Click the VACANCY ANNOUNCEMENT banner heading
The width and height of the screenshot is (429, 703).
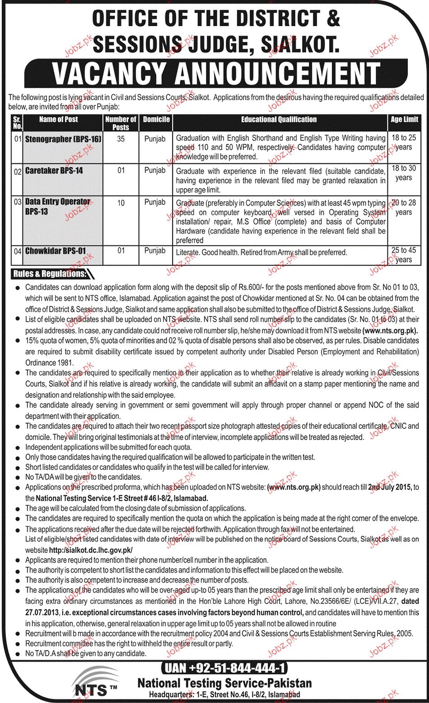[216, 73]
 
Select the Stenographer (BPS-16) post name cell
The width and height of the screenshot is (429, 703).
[63, 139]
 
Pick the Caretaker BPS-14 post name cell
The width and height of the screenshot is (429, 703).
[54, 170]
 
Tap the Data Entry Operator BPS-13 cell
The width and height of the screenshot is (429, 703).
[57, 206]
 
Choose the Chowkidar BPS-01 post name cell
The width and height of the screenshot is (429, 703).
[55, 251]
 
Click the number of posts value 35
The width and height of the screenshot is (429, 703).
[121, 139]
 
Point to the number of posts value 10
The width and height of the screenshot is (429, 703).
[121, 203]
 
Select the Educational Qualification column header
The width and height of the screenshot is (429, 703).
[279, 119]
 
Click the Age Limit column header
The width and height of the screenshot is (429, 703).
[404, 119]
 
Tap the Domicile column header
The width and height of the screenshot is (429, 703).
[156, 119]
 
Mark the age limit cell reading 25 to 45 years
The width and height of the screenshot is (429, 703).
[403, 255]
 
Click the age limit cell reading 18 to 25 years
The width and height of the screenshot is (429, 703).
[403, 142]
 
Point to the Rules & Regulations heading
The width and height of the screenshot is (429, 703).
[50, 274]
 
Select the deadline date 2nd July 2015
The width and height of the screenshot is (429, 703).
[389, 487]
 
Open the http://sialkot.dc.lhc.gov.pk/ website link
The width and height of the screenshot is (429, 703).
[90, 550]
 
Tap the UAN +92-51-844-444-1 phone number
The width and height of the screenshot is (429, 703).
[224, 668]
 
